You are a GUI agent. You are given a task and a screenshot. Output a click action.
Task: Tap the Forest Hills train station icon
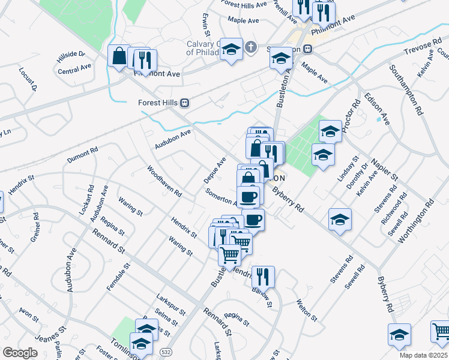[x=185, y=102]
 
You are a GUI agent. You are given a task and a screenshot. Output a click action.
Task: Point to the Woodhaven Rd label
[x=164, y=181]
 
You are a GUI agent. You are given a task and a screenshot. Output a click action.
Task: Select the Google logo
[x=20, y=352]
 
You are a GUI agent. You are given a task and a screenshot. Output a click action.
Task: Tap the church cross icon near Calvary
[x=252, y=46]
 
